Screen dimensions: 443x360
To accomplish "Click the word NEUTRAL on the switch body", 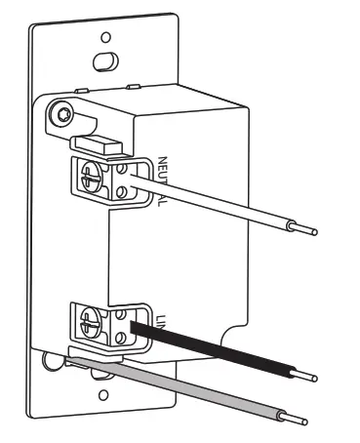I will point(163,181).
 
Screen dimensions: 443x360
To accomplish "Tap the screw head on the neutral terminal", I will point(94,177).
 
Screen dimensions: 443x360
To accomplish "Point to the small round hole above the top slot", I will point(105,38).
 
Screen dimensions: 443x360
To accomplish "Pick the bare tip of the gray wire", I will point(297,419).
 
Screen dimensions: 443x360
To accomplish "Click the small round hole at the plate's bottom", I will point(104,397).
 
